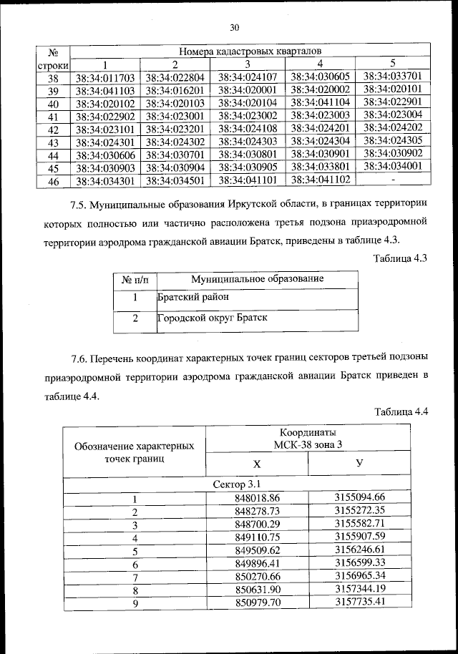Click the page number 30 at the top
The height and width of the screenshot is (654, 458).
[x=233, y=28]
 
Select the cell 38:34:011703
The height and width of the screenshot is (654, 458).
[x=105, y=77]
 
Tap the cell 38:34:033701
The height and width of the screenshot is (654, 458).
[x=392, y=75]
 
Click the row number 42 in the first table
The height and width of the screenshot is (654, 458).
[x=52, y=130]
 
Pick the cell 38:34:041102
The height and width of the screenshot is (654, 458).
[x=321, y=179]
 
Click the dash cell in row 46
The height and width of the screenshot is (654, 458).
[x=392, y=178]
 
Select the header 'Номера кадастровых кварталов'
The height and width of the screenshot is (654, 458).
[x=250, y=52]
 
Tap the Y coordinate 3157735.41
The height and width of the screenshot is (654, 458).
[x=360, y=601]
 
